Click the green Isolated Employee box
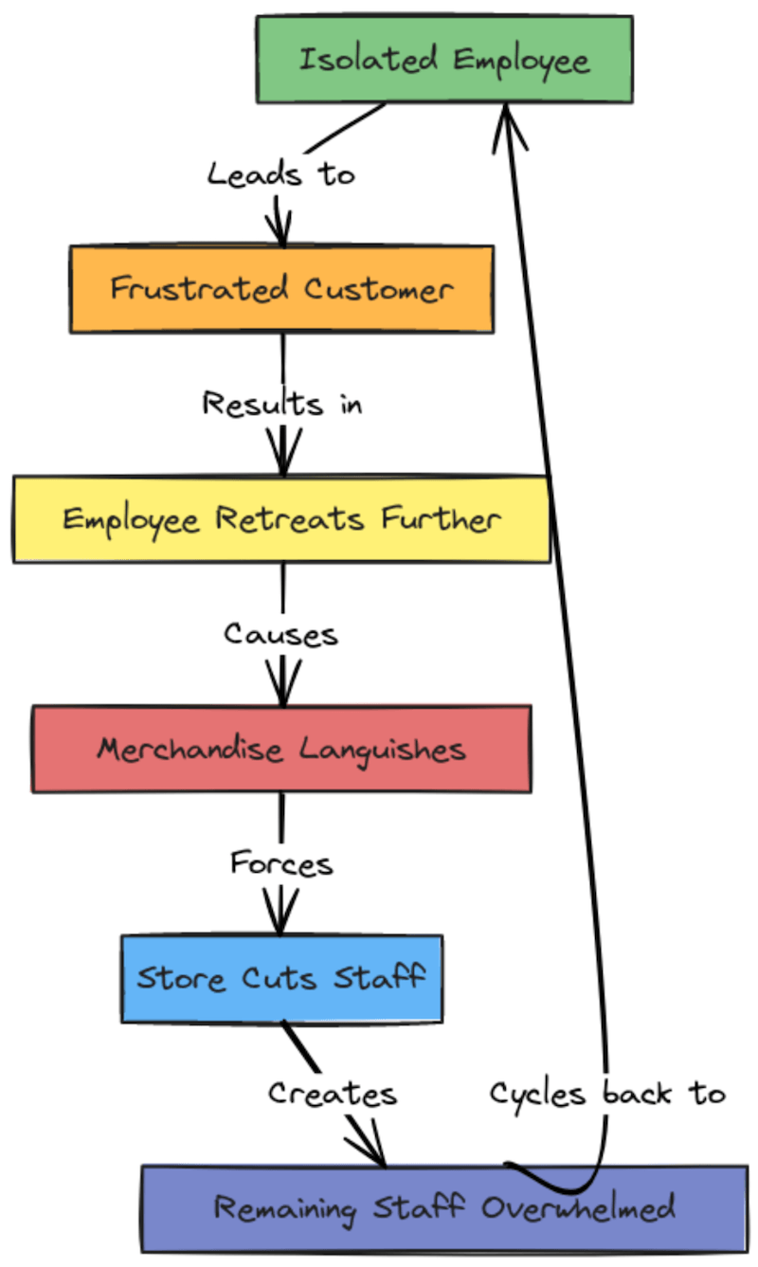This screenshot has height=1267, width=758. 444,60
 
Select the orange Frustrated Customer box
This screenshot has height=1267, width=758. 281,289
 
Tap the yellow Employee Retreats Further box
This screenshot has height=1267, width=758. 281,519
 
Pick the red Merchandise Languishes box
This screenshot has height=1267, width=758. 281,749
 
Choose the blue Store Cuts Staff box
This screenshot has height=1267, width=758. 281,978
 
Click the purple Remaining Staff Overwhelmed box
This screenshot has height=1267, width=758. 444,1208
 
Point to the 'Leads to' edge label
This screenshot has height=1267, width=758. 281,174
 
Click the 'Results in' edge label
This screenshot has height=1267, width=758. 281,404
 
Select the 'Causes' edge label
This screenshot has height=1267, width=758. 281,633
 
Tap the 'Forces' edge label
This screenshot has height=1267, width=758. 281,863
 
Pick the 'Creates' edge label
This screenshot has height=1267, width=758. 332,1094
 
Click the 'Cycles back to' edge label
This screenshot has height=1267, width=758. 607,1094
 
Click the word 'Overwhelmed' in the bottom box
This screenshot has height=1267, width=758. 577,1208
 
